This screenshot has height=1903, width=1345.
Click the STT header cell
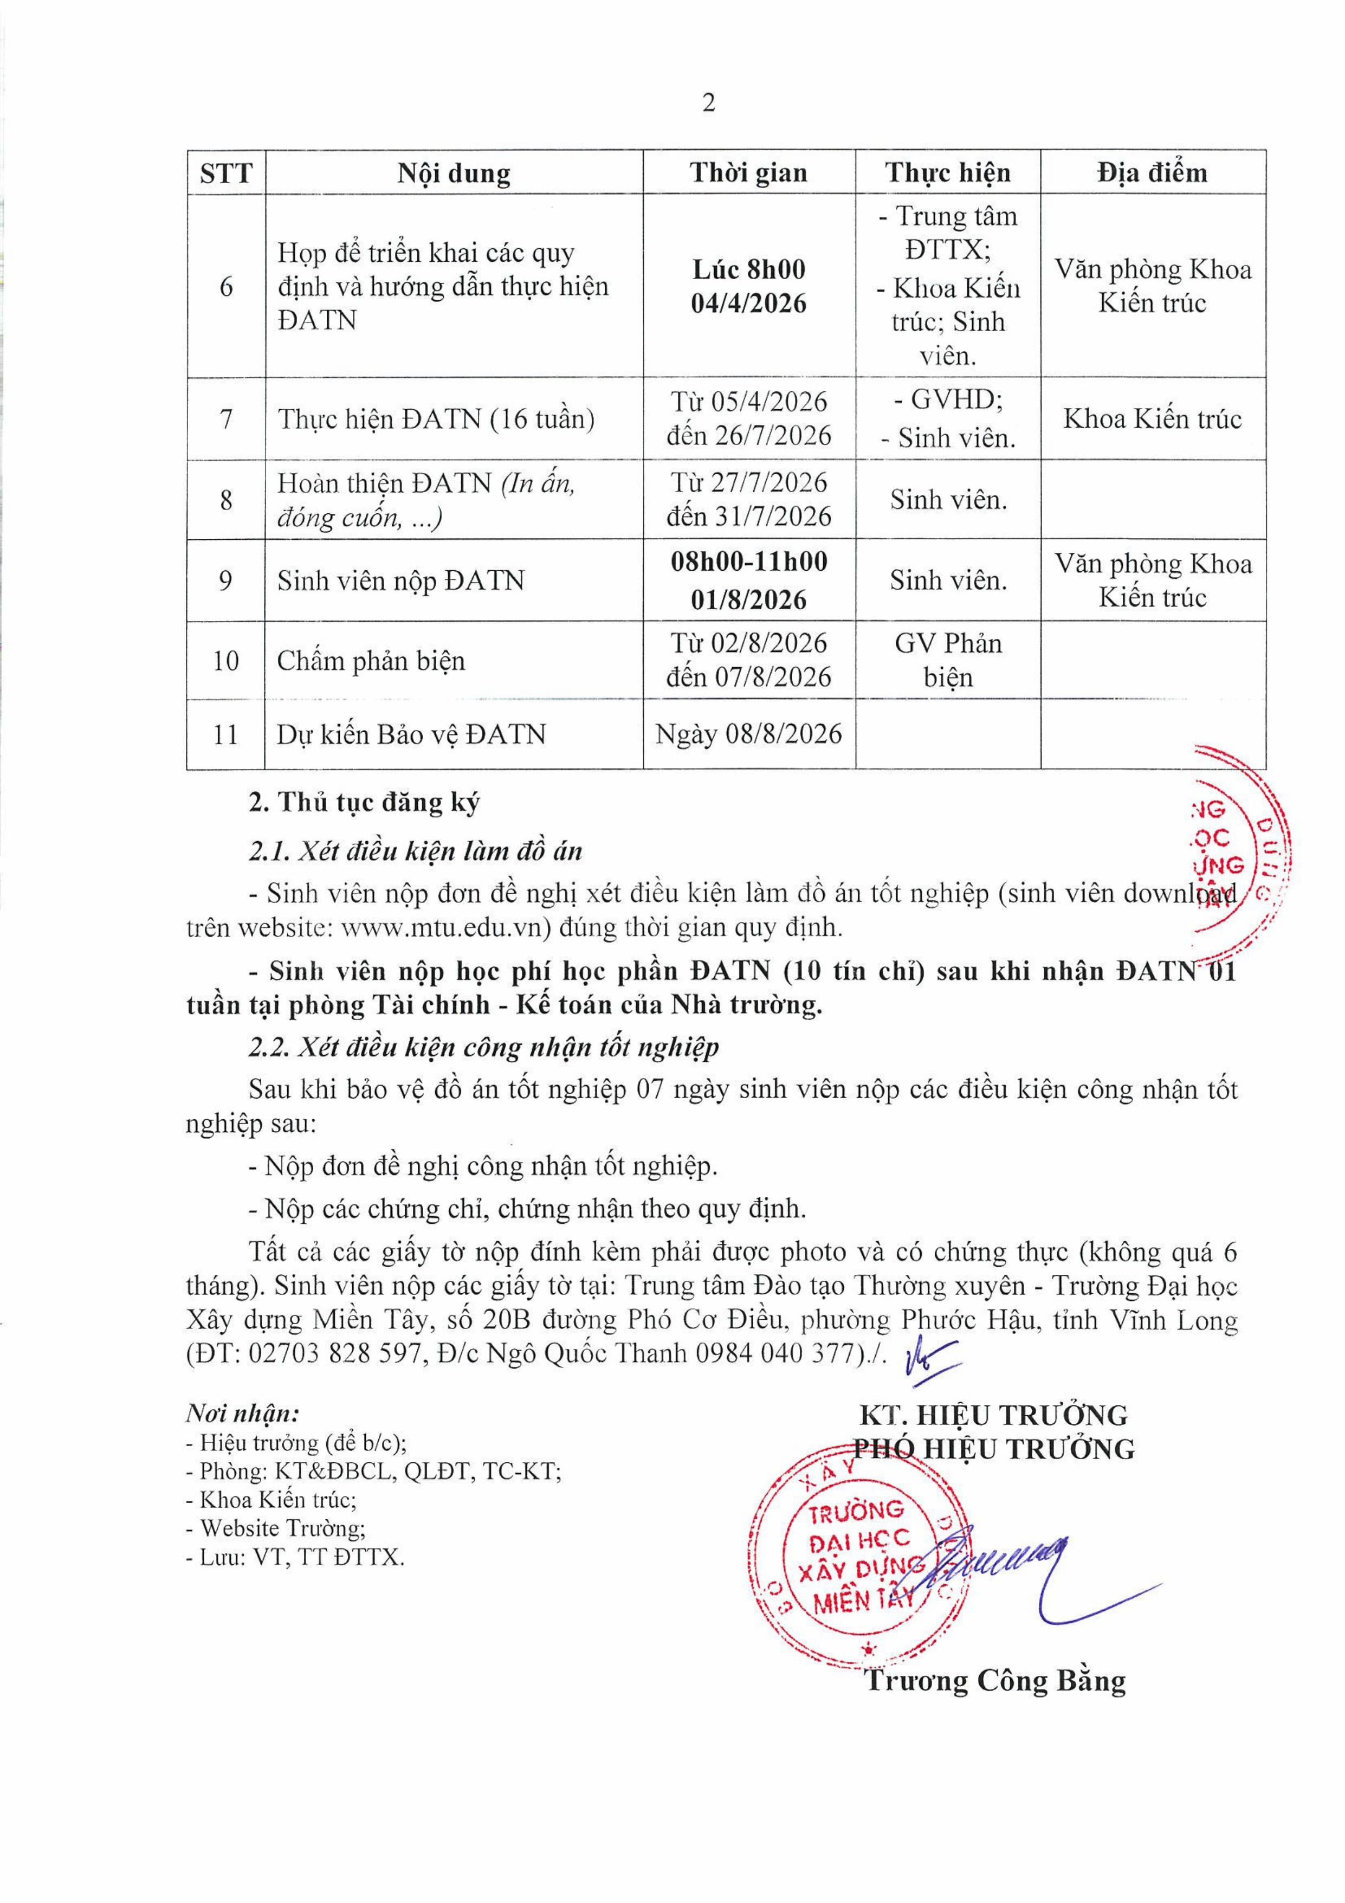click(x=225, y=173)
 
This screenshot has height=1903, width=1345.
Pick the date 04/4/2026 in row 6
click(x=748, y=304)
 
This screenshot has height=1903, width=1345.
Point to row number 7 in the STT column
click(x=225, y=418)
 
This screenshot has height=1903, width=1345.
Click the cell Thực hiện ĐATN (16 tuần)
click(x=436, y=418)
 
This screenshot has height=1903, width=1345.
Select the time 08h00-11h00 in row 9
click(x=748, y=562)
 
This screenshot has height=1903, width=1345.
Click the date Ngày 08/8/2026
click(x=748, y=733)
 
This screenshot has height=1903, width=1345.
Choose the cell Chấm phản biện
click(x=371, y=661)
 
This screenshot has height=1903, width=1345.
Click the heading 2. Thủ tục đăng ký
click(x=365, y=802)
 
